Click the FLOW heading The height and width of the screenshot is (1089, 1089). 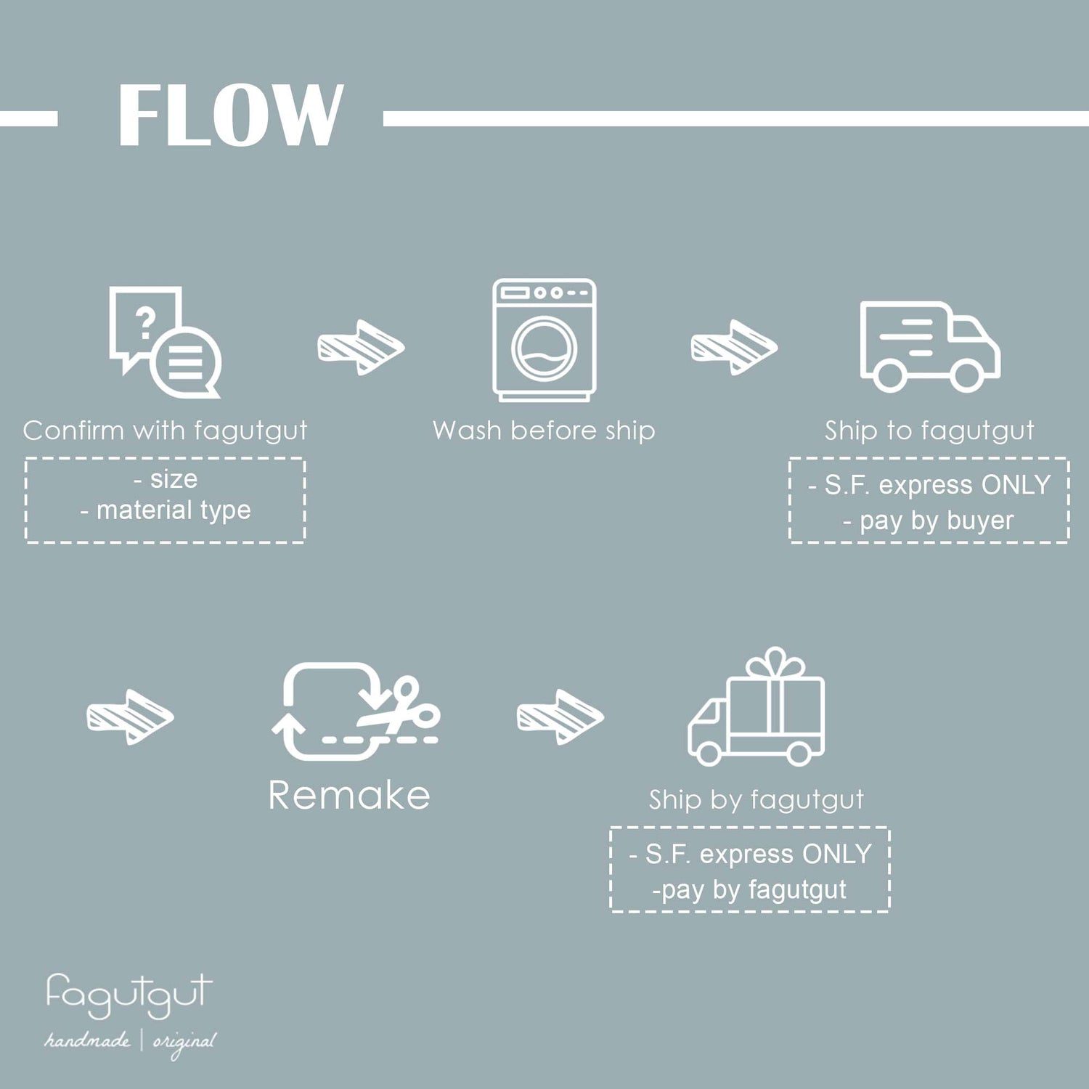coord(229,115)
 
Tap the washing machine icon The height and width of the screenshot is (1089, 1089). coord(544,340)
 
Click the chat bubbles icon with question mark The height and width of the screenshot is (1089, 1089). coord(165,341)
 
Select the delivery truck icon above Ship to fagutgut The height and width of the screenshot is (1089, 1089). coord(929,346)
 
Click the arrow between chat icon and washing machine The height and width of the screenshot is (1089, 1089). coord(361,347)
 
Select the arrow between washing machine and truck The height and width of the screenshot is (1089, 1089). coord(733,347)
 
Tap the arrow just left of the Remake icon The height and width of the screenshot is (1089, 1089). coord(130,717)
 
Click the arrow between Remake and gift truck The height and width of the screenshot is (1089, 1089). coord(560,717)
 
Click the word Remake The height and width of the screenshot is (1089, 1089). coord(349,795)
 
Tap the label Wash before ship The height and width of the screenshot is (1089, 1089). coord(544,431)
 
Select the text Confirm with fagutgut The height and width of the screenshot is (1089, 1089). coord(165,431)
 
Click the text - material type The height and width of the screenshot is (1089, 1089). coord(166,510)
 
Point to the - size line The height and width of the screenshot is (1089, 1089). coord(166,479)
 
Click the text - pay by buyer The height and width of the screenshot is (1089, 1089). coord(929,521)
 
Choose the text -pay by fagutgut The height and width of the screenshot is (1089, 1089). coord(749,889)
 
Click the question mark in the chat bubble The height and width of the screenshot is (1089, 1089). coord(146,321)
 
